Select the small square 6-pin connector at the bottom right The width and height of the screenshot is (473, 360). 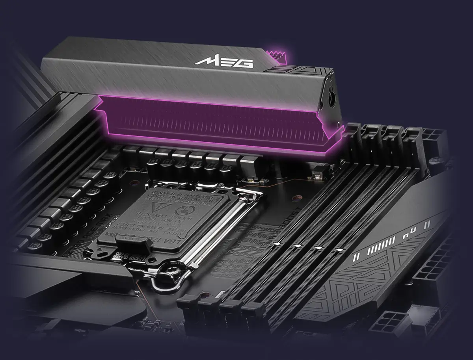(x=392, y=325)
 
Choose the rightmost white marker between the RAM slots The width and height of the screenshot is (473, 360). (x=339, y=250)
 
